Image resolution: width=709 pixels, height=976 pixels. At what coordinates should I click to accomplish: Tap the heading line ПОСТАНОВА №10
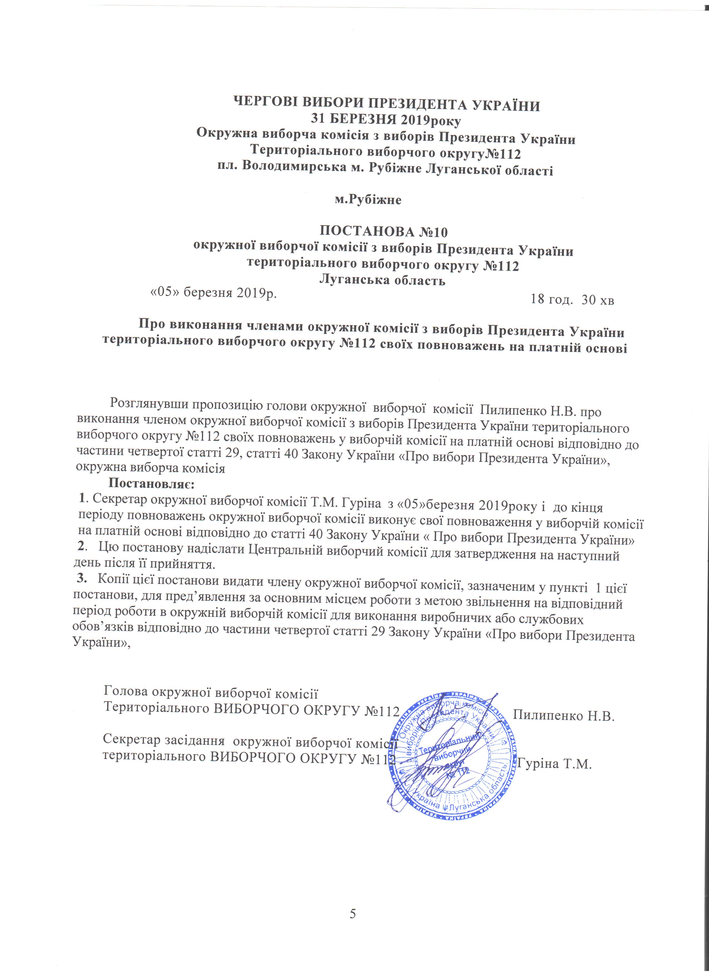tap(384, 232)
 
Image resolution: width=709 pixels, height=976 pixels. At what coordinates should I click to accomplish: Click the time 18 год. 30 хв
tap(572, 300)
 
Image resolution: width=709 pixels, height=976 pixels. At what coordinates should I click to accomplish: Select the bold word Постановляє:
tap(151, 484)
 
